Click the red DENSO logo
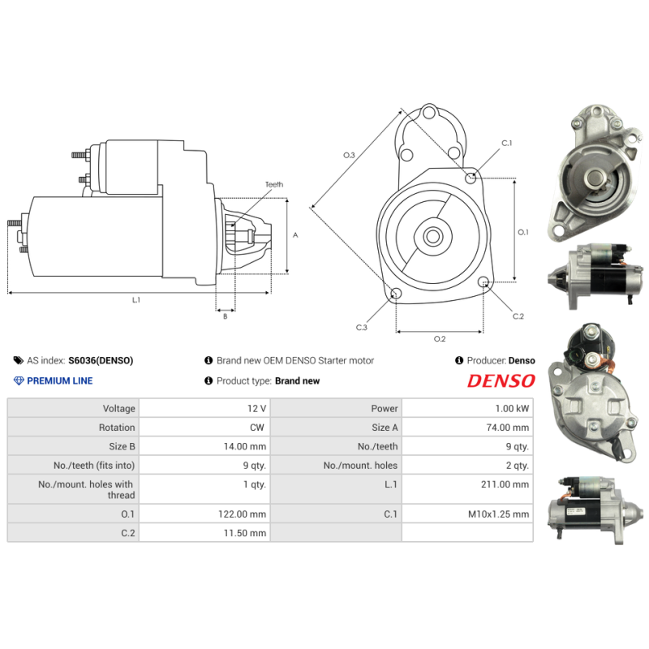tap(501, 381)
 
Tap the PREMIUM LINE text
tap(60, 381)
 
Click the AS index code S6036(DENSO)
tap(101, 360)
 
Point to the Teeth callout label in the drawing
tap(274, 185)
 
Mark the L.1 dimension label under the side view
tap(136, 300)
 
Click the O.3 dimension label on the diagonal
tap(350, 154)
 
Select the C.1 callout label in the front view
tap(506, 143)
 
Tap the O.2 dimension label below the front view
tap(439, 338)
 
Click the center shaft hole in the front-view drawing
tap(432, 237)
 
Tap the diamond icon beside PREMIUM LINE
tap(19, 381)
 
